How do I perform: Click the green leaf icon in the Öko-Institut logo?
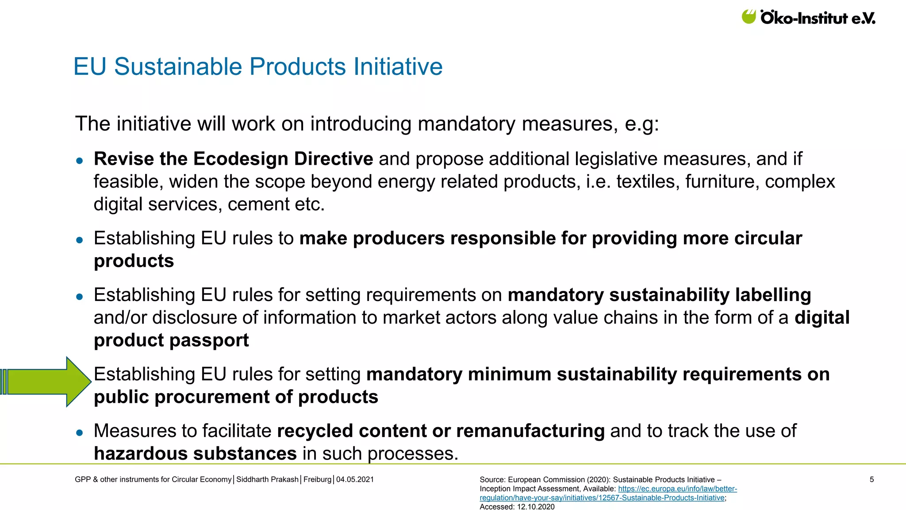(x=749, y=17)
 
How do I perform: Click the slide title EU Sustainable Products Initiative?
(x=258, y=67)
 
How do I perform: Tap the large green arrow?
(x=46, y=382)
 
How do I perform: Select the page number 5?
(x=871, y=479)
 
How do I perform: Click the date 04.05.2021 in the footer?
(x=355, y=479)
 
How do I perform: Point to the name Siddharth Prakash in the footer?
(x=267, y=479)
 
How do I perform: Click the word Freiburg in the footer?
(x=317, y=479)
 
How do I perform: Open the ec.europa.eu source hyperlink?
(x=677, y=489)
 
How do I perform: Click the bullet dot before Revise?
(x=80, y=161)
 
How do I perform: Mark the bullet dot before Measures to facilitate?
(x=80, y=433)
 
